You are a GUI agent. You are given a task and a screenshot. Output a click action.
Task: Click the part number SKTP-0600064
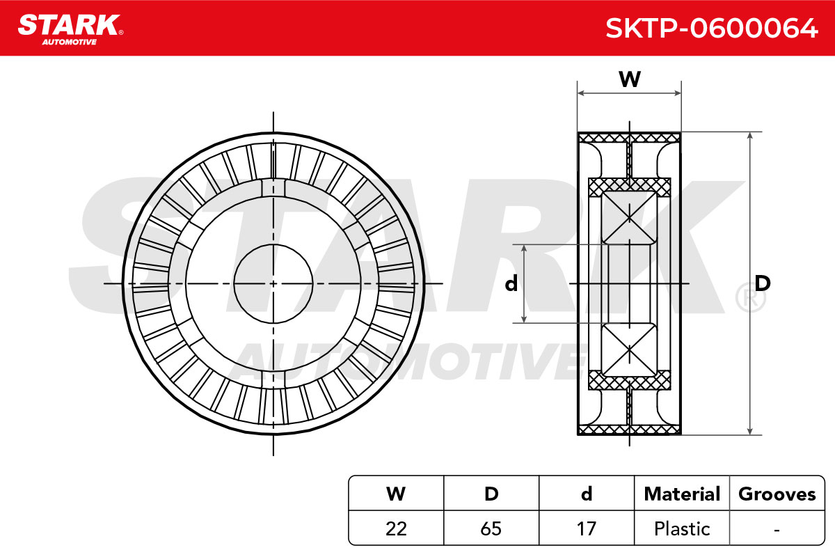pyautogui.click(x=712, y=29)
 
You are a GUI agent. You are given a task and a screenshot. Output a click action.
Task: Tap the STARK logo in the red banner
pyautogui.click(x=70, y=30)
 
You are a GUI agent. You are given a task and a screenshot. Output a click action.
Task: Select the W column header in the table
pyautogui.click(x=396, y=494)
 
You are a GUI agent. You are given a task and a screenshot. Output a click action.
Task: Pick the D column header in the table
pyautogui.click(x=491, y=494)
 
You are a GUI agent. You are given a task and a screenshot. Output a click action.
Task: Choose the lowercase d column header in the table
pyautogui.click(x=587, y=494)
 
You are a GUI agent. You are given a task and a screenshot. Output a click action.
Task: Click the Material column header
pyautogui.click(x=682, y=494)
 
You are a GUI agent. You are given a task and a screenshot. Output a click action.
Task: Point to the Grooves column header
pyautogui.click(x=777, y=494)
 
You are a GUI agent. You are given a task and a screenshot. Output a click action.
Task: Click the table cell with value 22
pyautogui.click(x=396, y=528)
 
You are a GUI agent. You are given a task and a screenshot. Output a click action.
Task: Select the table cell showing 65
pyautogui.click(x=491, y=528)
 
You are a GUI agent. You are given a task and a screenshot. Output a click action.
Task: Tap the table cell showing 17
pyautogui.click(x=587, y=528)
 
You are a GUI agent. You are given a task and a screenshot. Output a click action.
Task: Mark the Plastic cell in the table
pyautogui.click(x=682, y=528)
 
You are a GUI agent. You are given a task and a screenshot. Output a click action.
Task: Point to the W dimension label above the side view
pyautogui.click(x=630, y=79)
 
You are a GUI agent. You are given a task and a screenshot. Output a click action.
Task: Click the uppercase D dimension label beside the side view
pyautogui.click(x=763, y=283)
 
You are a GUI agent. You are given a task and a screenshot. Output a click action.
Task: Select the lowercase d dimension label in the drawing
pyautogui.click(x=511, y=283)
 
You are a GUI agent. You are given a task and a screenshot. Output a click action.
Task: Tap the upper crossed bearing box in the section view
pyautogui.click(x=629, y=218)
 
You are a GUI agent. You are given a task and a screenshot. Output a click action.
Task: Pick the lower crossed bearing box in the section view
pyautogui.click(x=629, y=350)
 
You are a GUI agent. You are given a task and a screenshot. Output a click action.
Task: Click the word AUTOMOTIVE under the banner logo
pyautogui.click(x=70, y=42)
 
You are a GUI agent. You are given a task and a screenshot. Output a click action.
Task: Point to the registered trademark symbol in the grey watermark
pyautogui.click(x=750, y=298)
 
